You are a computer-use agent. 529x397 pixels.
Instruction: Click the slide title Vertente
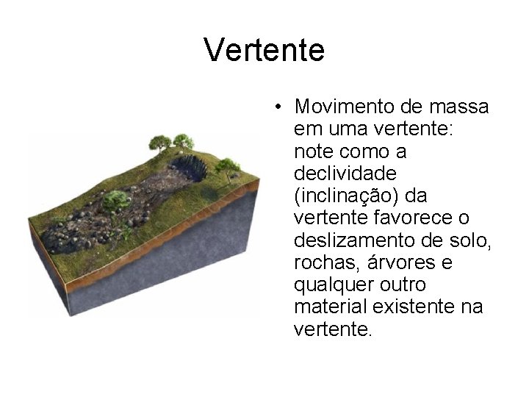(264, 51)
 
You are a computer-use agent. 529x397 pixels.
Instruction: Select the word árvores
(394, 262)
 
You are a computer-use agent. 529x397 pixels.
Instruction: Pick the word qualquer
(328, 285)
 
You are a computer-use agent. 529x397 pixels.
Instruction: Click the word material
(325, 307)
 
